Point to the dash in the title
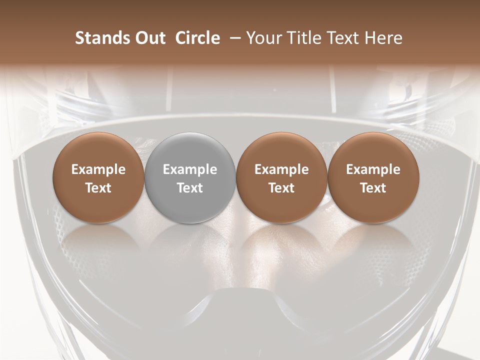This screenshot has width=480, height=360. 233,38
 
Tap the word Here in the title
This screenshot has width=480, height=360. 384,38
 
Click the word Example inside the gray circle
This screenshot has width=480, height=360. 190,169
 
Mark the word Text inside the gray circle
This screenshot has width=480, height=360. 190,188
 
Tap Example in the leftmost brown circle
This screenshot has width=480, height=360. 98,169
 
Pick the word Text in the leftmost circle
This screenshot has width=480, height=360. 98,188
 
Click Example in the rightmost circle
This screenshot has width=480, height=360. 373,169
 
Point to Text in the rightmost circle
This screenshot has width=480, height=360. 373,188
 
